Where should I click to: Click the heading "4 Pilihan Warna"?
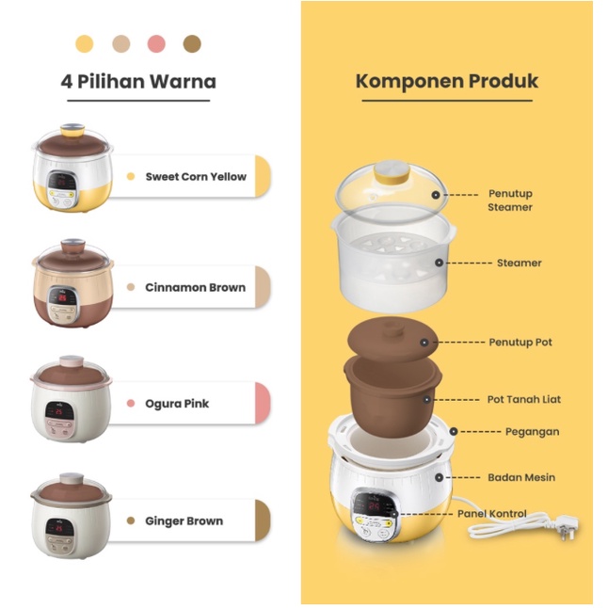click(x=138, y=81)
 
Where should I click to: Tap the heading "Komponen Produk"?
click(x=447, y=81)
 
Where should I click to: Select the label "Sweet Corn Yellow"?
click(x=196, y=176)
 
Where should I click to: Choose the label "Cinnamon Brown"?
click(x=195, y=287)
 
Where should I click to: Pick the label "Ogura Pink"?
click(x=177, y=403)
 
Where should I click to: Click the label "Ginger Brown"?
click(x=184, y=520)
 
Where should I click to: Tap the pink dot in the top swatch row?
click(x=156, y=43)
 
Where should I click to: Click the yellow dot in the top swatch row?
click(x=85, y=43)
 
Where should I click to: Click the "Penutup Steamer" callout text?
click(x=510, y=200)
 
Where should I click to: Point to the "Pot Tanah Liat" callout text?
click(x=524, y=399)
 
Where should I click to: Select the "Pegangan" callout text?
click(x=532, y=432)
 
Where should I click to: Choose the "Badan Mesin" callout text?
click(x=520, y=477)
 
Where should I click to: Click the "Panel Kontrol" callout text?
click(x=492, y=514)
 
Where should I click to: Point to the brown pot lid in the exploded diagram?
click(x=384, y=341)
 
